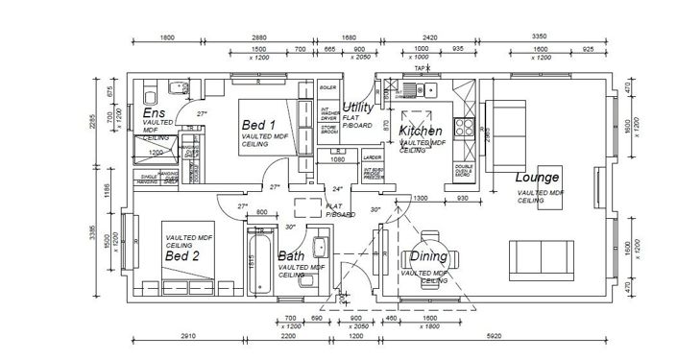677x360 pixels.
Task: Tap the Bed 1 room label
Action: tap(258, 126)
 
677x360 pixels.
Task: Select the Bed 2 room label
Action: tap(181, 256)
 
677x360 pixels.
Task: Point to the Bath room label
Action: tap(292, 256)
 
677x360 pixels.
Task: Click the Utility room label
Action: tap(357, 107)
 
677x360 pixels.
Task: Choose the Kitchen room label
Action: tap(421, 131)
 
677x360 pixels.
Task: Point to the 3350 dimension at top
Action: tap(541, 37)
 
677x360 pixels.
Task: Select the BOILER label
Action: tap(327, 87)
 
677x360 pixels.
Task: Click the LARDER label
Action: tap(373, 156)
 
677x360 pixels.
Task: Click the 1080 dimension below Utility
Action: tap(337, 159)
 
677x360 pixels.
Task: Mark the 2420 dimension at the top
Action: tap(429, 37)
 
